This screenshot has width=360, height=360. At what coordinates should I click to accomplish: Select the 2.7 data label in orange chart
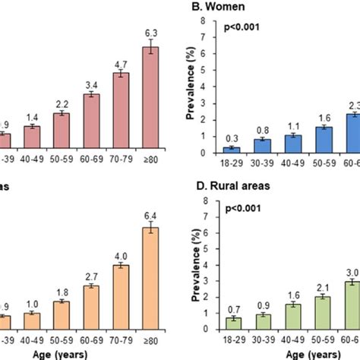coord(92,276)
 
